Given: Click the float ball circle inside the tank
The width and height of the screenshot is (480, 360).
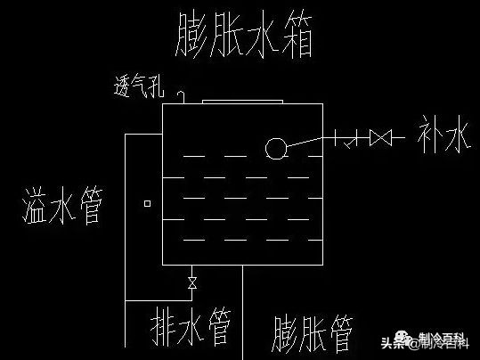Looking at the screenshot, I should coord(276,149).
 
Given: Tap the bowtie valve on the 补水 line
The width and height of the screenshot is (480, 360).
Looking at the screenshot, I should coord(381,138).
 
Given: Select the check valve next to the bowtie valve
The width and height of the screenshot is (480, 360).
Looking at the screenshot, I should coord(354,138).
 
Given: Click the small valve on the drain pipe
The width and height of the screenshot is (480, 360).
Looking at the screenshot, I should coord(191,283).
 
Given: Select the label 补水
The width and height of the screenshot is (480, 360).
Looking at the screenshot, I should coord(443,138).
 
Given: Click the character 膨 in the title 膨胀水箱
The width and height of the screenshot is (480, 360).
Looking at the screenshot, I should coord(193,33).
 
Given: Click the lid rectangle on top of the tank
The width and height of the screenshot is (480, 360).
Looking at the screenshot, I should coord(242,102).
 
